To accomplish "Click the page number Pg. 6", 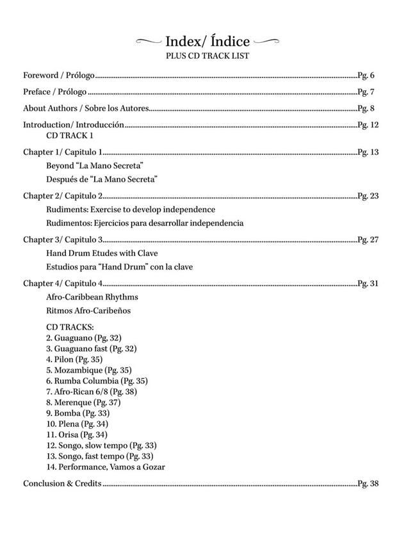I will (x=366, y=76).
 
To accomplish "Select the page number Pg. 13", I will (x=368, y=152).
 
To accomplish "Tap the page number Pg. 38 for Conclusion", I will (x=368, y=484).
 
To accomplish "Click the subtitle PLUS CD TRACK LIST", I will (x=207, y=56).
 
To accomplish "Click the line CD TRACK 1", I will (x=70, y=136).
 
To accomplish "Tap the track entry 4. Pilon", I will (x=74, y=360).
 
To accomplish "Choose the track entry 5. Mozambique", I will (x=88, y=370).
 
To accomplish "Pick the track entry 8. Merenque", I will (x=83, y=403).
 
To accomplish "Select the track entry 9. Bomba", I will (x=77, y=413).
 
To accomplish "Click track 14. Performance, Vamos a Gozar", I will (x=105, y=467).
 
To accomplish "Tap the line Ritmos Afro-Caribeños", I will (x=88, y=311).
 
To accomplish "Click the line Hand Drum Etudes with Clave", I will (x=102, y=253).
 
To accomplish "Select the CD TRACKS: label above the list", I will (x=70, y=327).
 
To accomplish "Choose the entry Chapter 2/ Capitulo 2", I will (x=63, y=196).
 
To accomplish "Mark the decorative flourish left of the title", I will (x=149, y=42).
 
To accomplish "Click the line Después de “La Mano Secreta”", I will (x=102, y=179).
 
